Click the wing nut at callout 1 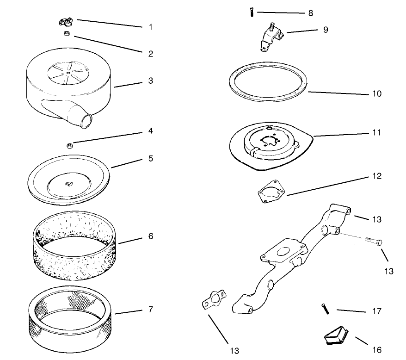[x=66, y=22]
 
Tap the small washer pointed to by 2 [x=67, y=33]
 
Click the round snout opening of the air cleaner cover [x=86, y=121]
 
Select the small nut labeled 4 [x=69, y=146]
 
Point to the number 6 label [x=151, y=236]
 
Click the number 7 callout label [x=151, y=309]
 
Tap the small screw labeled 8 [x=252, y=12]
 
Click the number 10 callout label [x=377, y=93]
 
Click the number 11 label [x=376, y=133]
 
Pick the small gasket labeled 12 [x=271, y=191]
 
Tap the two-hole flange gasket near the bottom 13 [x=214, y=299]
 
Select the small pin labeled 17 [x=326, y=309]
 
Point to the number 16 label [x=377, y=350]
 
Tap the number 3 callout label [x=151, y=81]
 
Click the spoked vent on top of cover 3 [x=68, y=73]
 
